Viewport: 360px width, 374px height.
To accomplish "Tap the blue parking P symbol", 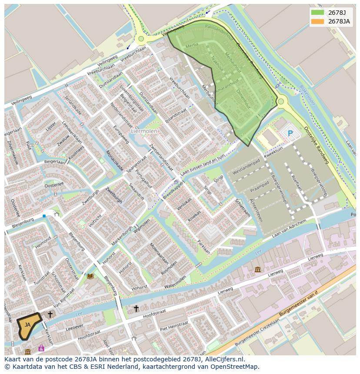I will [x=290, y=133].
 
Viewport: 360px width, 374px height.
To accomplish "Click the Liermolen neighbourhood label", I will [x=144, y=130].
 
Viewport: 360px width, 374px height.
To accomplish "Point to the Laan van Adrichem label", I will [x=289, y=228].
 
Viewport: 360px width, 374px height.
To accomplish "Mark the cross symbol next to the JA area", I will [x=50, y=314].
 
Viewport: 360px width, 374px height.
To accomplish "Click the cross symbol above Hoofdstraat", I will [x=136, y=308].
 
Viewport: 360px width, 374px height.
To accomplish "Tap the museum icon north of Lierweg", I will [x=258, y=269].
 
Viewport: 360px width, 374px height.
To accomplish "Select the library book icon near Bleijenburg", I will [x=90, y=276].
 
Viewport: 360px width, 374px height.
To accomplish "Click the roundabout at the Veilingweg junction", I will [x=141, y=39].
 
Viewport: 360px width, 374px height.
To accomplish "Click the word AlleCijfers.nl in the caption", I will [x=226, y=359].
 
